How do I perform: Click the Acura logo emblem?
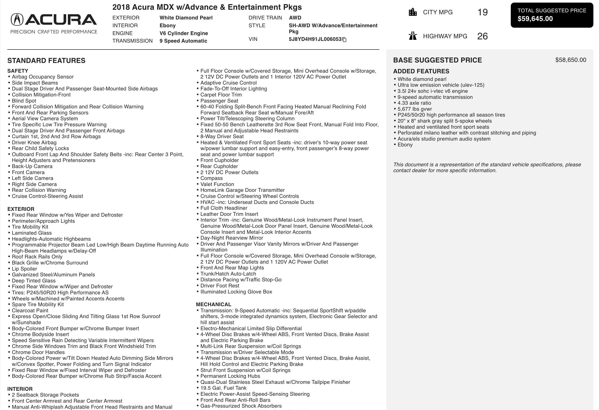click(17, 20)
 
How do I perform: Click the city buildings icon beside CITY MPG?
click(413, 12)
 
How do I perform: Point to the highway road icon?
click(413, 36)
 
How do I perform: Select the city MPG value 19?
click(482, 12)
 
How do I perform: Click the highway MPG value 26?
click(482, 36)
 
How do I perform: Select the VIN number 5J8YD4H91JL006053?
click(315, 39)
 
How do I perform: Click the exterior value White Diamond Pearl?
click(186, 18)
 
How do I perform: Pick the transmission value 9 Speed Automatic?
click(183, 41)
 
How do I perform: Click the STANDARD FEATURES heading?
click(46, 61)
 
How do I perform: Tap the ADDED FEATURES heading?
click(421, 71)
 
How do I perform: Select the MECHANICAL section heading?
click(213, 304)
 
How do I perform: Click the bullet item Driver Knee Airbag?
click(34, 143)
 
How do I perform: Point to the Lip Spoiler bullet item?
click(24, 269)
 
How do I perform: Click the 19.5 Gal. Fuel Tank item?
click(223, 388)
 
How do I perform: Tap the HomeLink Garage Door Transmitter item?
click(242, 190)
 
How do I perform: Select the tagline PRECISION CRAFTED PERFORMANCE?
click(54, 32)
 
